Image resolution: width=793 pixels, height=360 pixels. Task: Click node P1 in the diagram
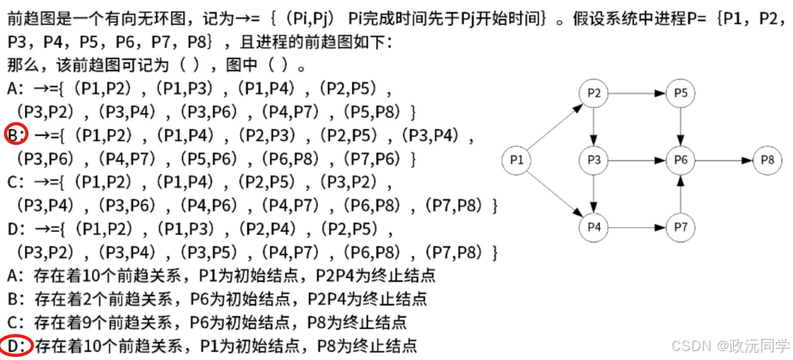[516, 161]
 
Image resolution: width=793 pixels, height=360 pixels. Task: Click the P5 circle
[681, 95]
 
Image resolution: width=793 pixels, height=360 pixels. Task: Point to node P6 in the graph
[681, 161]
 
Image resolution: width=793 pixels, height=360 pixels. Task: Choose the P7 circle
[681, 228]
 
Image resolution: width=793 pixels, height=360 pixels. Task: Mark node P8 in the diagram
[766, 161]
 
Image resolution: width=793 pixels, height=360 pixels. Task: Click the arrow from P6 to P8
[723, 161]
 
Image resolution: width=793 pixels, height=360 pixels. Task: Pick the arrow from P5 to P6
[681, 127]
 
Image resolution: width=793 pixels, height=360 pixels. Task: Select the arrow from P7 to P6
[681, 195]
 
